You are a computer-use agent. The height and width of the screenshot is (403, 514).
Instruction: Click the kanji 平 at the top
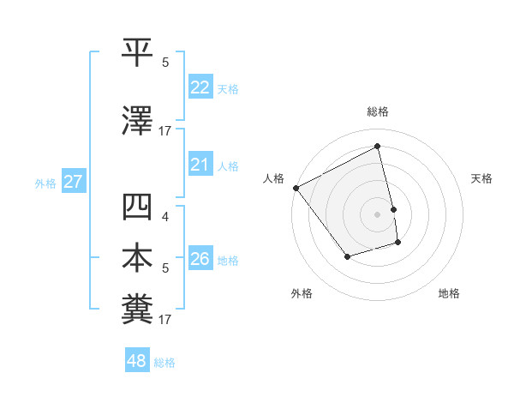coord(138,53)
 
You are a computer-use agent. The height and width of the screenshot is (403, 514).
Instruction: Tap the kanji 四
coord(138,208)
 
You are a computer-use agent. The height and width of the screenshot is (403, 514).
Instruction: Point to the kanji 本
coord(138,259)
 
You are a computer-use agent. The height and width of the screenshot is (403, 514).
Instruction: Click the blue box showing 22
coord(200,87)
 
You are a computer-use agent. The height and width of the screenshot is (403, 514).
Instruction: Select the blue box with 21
coord(200,165)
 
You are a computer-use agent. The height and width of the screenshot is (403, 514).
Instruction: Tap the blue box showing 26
coord(200,259)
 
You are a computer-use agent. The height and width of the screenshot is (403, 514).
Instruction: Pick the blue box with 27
coord(73,182)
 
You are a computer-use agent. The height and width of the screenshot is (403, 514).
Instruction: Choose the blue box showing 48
coord(136,362)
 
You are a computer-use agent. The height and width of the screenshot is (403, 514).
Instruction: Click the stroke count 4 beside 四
coord(165,217)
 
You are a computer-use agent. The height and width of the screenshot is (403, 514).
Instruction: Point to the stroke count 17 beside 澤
coord(165,131)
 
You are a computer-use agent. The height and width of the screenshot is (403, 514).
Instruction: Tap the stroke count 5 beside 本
coord(165,268)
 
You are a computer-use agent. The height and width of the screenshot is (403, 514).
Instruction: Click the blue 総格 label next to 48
coord(165,363)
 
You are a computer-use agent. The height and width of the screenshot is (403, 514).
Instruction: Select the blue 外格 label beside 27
coord(45,183)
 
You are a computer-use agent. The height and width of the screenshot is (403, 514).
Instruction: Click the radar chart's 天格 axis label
coord(481,178)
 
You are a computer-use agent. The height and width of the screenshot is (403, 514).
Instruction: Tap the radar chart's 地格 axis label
coord(449,293)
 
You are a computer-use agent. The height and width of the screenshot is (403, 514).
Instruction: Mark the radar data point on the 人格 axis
coord(296,188)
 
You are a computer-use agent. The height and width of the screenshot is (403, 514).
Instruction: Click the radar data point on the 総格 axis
coord(378,147)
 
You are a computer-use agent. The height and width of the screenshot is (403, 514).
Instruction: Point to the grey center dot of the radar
coord(378,214)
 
